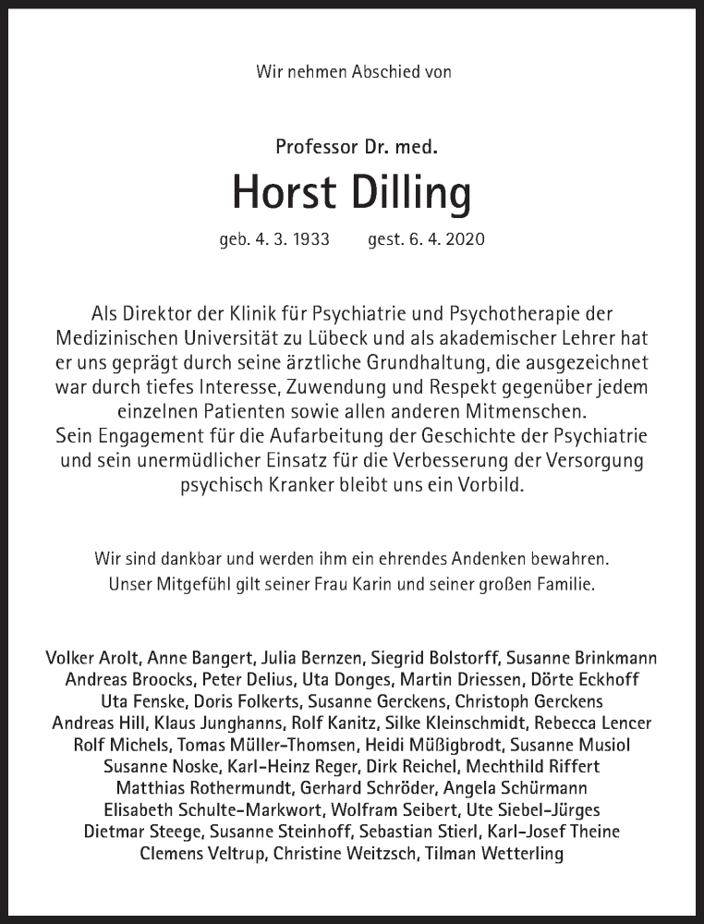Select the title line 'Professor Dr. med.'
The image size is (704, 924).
[x=351, y=146]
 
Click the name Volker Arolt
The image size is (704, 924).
[x=88, y=658]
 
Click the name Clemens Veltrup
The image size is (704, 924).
[x=202, y=854]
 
